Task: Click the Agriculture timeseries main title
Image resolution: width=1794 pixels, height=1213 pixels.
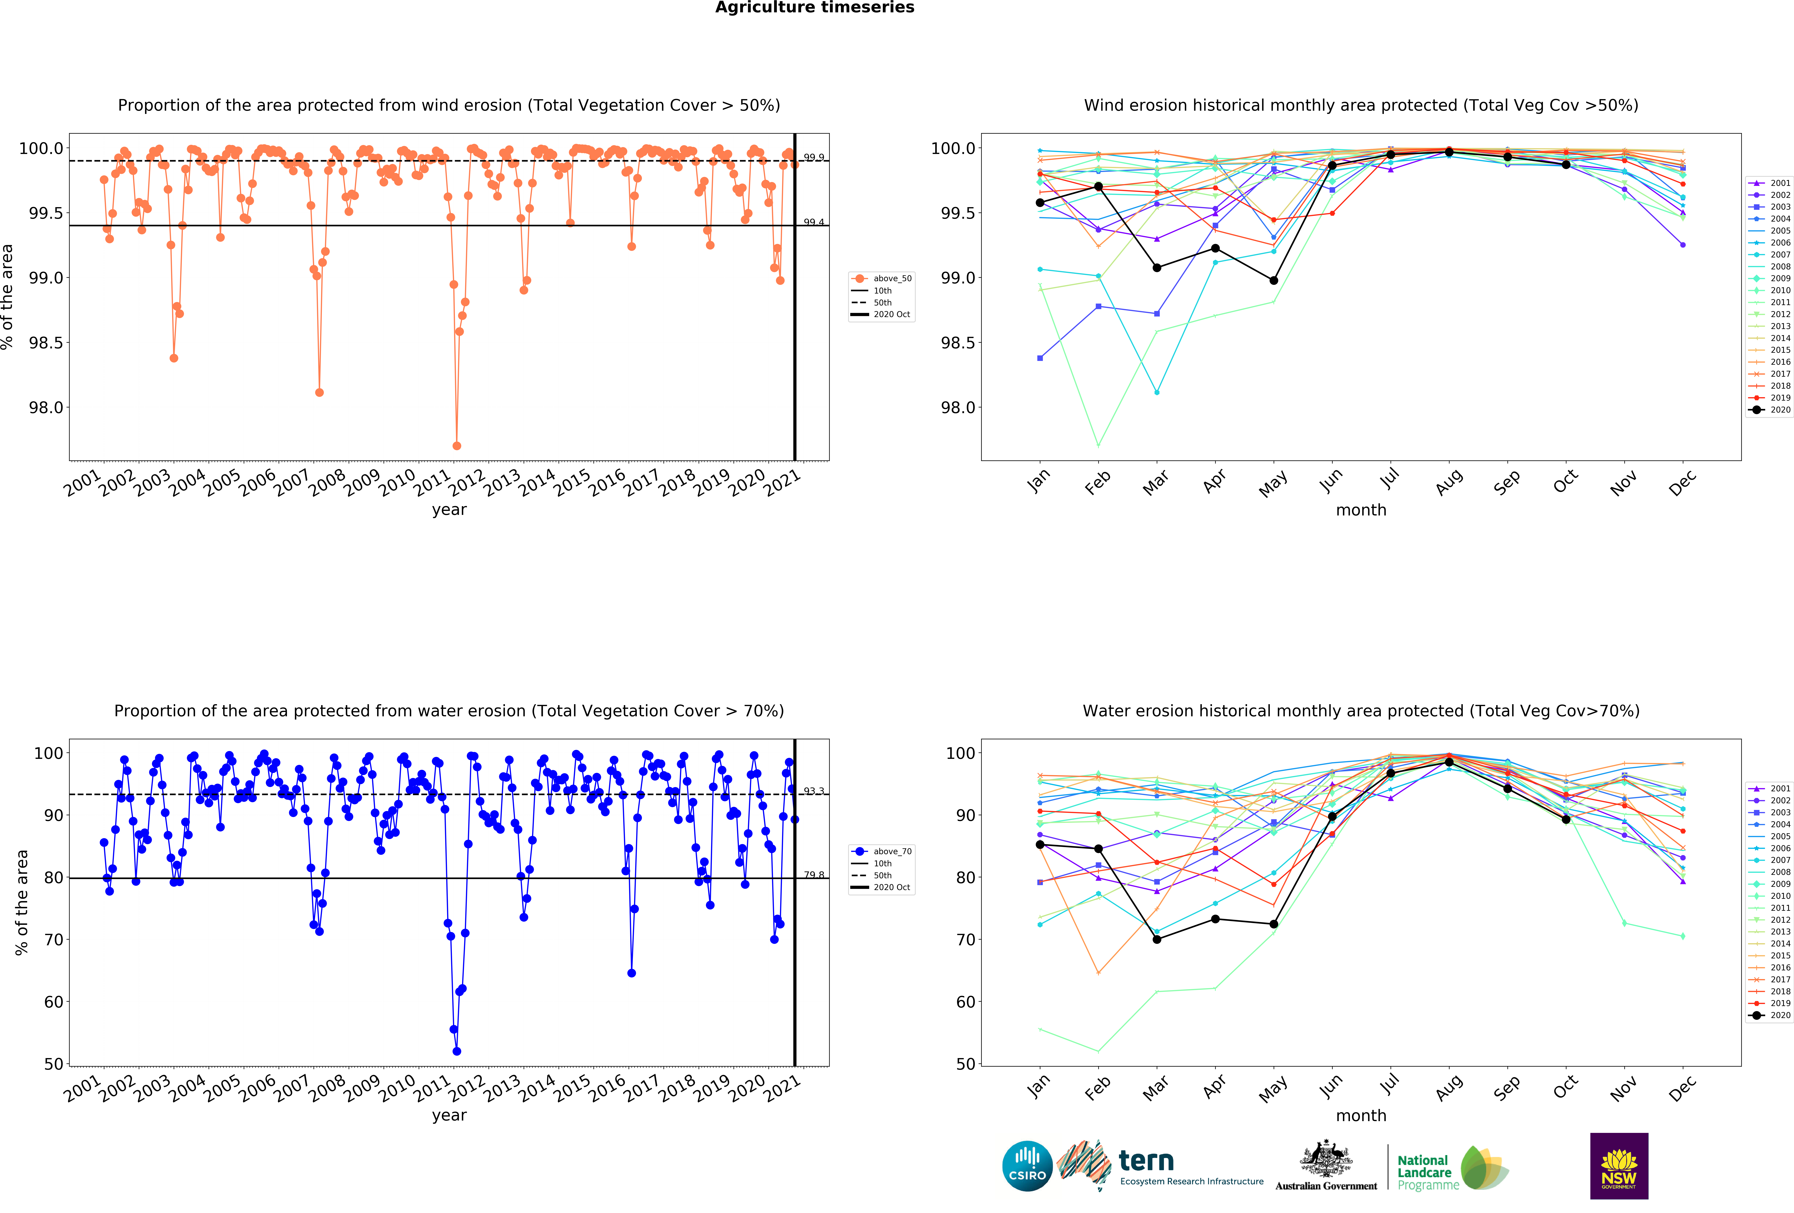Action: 814,8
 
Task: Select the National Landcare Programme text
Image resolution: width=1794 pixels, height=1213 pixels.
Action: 1427,1172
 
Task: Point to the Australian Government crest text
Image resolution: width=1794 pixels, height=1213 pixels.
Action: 1325,1185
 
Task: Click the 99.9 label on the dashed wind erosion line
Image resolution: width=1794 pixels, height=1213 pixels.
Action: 814,158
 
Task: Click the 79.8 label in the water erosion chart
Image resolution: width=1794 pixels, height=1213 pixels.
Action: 814,875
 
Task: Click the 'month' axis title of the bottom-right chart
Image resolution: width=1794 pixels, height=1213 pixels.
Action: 1361,1116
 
